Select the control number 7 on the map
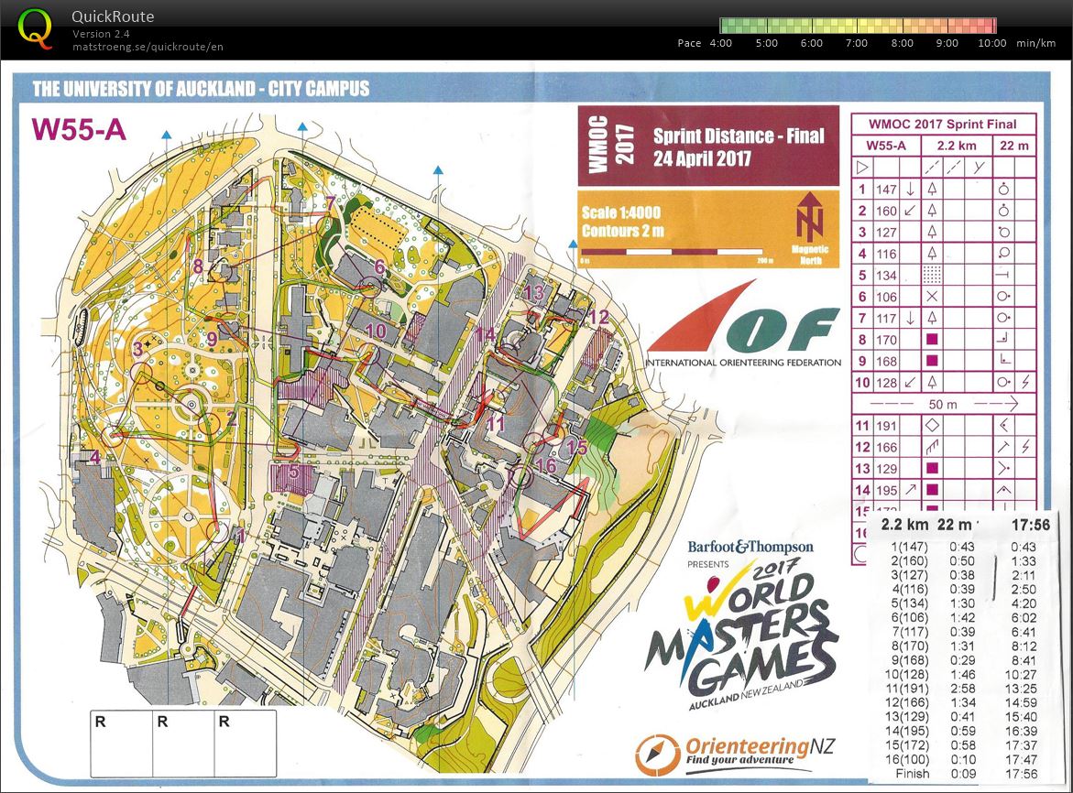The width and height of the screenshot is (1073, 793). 329,204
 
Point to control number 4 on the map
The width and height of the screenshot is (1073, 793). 94,457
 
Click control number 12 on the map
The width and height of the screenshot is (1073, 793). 599,318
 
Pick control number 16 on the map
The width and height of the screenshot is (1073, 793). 545,465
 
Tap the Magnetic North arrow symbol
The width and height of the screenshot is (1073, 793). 811,221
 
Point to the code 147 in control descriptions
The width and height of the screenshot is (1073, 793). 886,190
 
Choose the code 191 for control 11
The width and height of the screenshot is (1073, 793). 886,425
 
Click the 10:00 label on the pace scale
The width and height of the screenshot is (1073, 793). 992,43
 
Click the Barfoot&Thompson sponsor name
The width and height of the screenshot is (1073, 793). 750,547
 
